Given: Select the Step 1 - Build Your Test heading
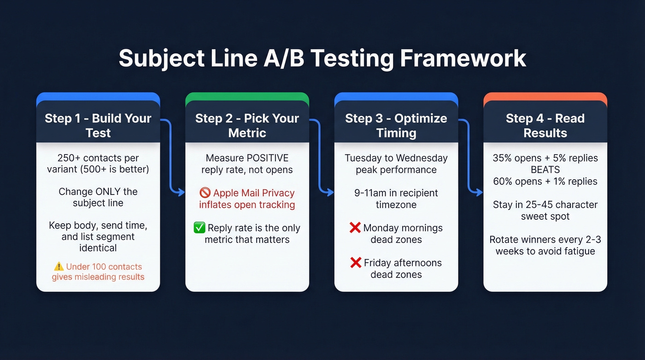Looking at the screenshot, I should click(98, 125).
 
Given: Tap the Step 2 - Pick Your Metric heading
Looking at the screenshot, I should click(247, 125).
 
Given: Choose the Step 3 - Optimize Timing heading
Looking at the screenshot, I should click(396, 125).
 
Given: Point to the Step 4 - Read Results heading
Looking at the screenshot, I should click(545, 125).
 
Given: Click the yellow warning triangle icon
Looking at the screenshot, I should click(59, 266).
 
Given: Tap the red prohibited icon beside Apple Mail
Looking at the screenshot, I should click(205, 193).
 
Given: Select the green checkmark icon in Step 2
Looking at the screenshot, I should click(199, 228).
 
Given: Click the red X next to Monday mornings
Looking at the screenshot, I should click(355, 228).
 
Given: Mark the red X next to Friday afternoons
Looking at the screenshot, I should click(356, 263).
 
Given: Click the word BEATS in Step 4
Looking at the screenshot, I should click(545, 170).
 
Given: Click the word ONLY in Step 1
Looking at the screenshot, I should click(110, 191).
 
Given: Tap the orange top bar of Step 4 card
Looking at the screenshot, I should click(545, 96).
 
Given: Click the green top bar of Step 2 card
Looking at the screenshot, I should click(247, 96).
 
